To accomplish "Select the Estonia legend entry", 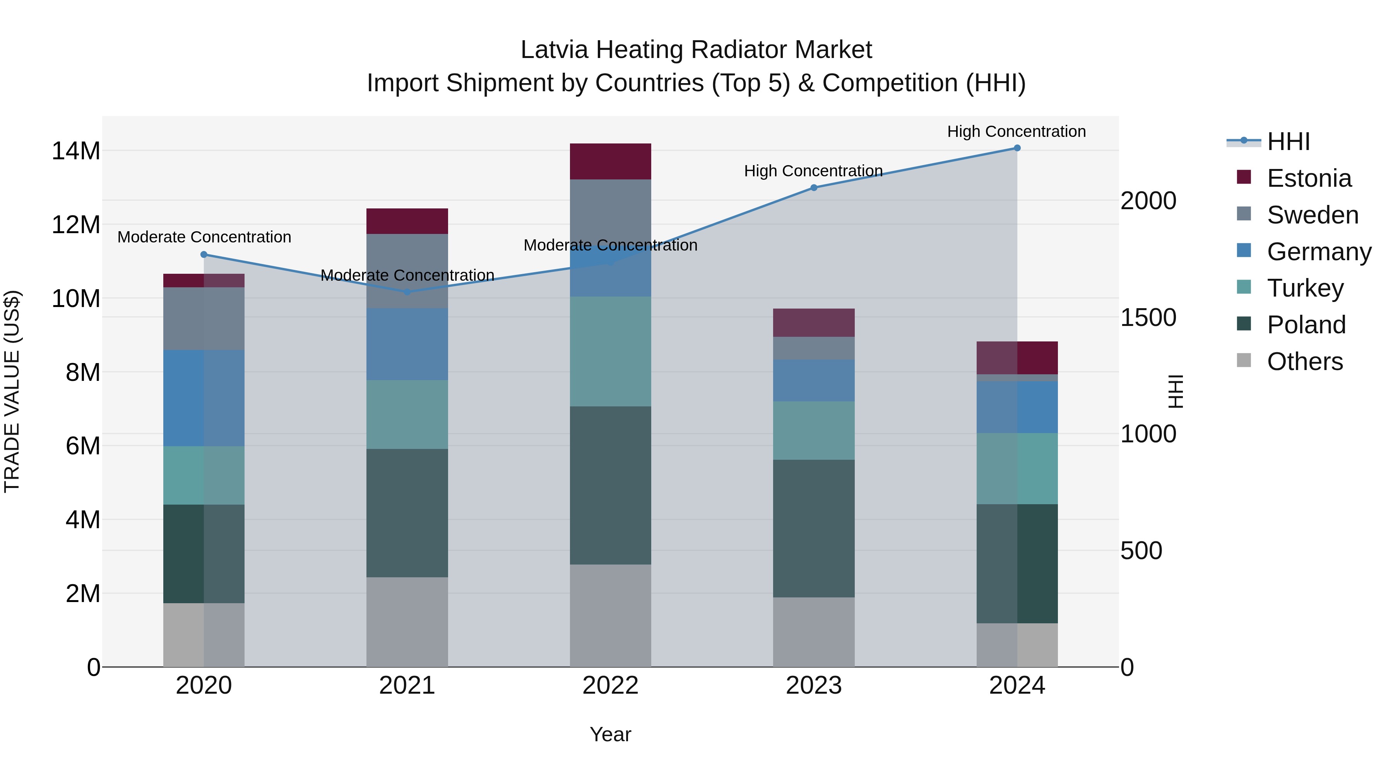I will click(1309, 178).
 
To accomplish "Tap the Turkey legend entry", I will click(1305, 288).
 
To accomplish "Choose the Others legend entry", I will click(1304, 362).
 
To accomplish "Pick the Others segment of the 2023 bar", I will click(813, 632).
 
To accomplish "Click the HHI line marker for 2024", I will click(1017, 148).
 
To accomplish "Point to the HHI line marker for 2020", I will click(204, 254).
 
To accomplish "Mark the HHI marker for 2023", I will click(813, 188).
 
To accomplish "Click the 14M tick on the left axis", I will click(76, 151).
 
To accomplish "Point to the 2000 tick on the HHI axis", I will click(1148, 201).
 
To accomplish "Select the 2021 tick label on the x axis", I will click(407, 686).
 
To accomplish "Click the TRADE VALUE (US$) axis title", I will click(12, 391).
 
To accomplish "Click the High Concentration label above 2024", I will click(1016, 131).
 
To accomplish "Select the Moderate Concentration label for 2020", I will click(204, 237).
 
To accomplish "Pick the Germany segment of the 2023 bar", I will click(813, 380).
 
